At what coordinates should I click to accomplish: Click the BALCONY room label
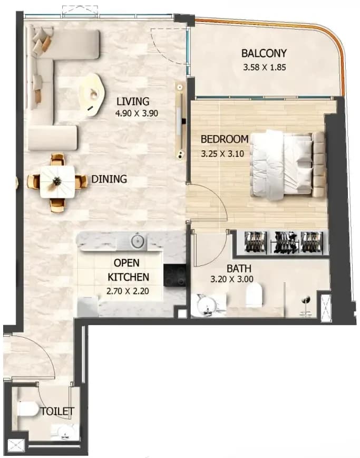click(264, 53)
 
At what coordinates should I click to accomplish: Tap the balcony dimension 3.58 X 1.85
click(264, 68)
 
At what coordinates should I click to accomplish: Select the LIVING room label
click(133, 101)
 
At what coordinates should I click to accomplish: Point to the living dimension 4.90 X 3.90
click(137, 113)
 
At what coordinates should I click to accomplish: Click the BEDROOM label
click(225, 139)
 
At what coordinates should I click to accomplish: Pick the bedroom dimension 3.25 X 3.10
click(222, 154)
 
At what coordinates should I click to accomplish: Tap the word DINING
click(109, 179)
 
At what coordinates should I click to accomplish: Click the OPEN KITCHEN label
click(128, 270)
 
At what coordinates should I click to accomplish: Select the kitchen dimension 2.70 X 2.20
click(128, 291)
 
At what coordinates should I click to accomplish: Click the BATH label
click(239, 269)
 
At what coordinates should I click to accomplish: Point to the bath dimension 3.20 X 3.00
click(231, 279)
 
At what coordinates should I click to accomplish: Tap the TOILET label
click(57, 411)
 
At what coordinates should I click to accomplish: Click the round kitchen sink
click(138, 241)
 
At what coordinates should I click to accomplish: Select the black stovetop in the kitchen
click(174, 275)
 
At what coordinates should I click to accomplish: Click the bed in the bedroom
click(287, 165)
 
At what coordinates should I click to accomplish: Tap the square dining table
click(57, 182)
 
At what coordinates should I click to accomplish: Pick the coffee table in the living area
click(92, 94)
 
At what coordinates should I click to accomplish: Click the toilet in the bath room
click(254, 294)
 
